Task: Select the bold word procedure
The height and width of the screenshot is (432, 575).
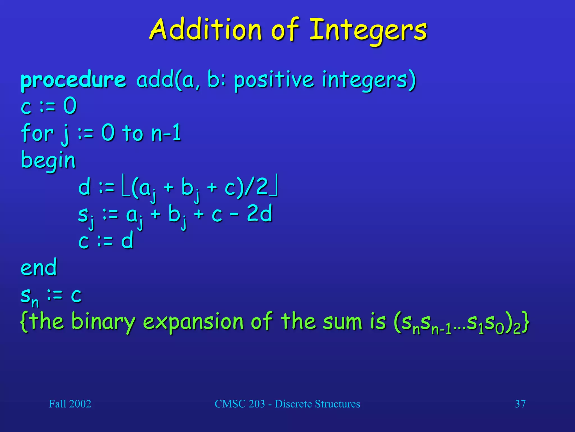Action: point(73,80)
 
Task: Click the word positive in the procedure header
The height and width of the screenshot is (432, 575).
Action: point(273,80)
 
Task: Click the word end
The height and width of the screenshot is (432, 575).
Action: point(39,267)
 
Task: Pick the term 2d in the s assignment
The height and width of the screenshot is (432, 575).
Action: point(259,213)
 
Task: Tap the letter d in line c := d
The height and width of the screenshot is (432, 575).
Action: point(127,241)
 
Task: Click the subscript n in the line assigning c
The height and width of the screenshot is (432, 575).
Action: point(35,303)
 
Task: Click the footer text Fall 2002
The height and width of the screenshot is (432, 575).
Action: point(70,404)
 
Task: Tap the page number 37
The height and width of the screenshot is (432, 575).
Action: point(520,404)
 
